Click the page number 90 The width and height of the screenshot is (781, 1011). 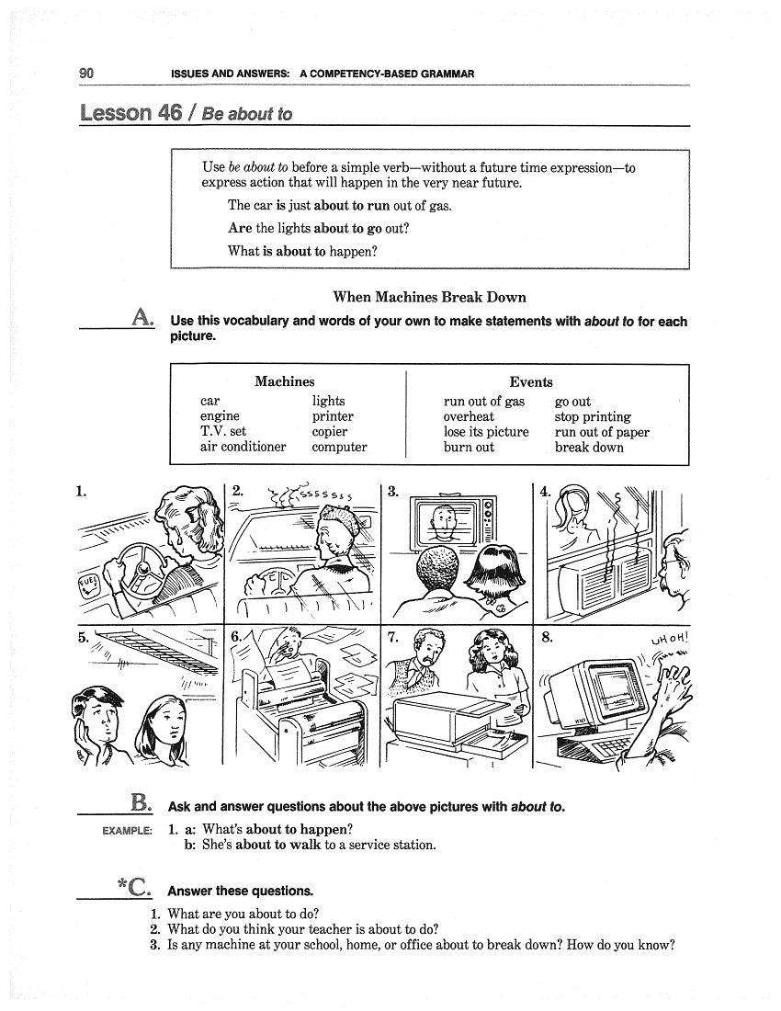tap(87, 74)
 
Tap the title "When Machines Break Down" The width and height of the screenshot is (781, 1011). tap(429, 297)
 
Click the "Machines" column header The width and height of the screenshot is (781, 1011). tap(284, 381)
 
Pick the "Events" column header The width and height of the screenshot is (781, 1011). tap(531, 382)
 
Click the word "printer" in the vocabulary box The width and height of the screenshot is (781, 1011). tap(332, 416)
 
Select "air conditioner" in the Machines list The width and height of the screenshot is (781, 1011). tap(243, 448)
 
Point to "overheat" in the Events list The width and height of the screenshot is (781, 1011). tap(469, 416)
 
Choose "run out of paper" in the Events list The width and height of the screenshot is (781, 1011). tap(602, 432)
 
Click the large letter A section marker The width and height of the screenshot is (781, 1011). tap(142, 317)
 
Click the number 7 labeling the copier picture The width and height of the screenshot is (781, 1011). tap(392, 637)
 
